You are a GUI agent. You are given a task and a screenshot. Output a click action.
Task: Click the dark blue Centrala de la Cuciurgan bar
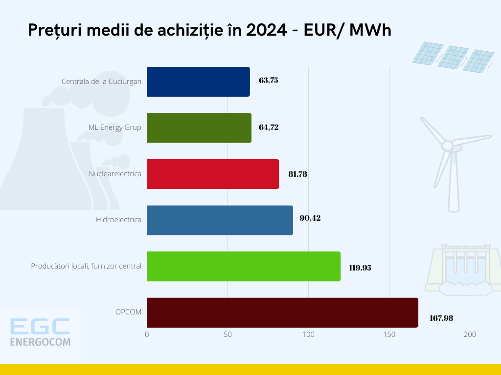click(x=198, y=82)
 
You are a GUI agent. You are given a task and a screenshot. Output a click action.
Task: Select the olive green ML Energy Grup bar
click(x=199, y=128)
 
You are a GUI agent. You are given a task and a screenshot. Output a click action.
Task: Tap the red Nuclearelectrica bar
click(x=213, y=174)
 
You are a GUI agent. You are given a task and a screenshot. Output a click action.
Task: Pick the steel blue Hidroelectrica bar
click(x=220, y=220)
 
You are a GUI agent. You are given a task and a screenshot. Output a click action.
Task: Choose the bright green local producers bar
click(x=244, y=267)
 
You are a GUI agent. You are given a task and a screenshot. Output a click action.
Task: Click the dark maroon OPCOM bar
click(x=282, y=312)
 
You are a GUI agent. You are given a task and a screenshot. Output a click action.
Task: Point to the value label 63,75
click(x=269, y=81)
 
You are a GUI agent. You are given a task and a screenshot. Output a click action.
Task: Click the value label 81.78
click(x=297, y=174)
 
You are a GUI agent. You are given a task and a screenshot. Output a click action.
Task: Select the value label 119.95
click(x=360, y=268)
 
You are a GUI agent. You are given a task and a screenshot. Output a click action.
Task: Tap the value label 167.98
click(x=441, y=318)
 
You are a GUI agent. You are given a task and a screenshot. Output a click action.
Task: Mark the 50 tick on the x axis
click(x=228, y=334)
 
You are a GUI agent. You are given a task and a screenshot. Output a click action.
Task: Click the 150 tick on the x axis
click(x=389, y=334)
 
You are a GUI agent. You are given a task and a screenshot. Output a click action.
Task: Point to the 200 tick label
click(x=470, y=334)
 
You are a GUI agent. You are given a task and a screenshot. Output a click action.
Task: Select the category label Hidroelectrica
click(x=118, y=220)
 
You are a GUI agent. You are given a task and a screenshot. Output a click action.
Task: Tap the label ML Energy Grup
click(x=114, y=127)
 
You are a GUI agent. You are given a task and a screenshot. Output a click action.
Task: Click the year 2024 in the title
click(x=267, y=30)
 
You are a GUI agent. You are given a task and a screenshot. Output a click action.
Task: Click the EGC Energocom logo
click(x=40, y=332)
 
